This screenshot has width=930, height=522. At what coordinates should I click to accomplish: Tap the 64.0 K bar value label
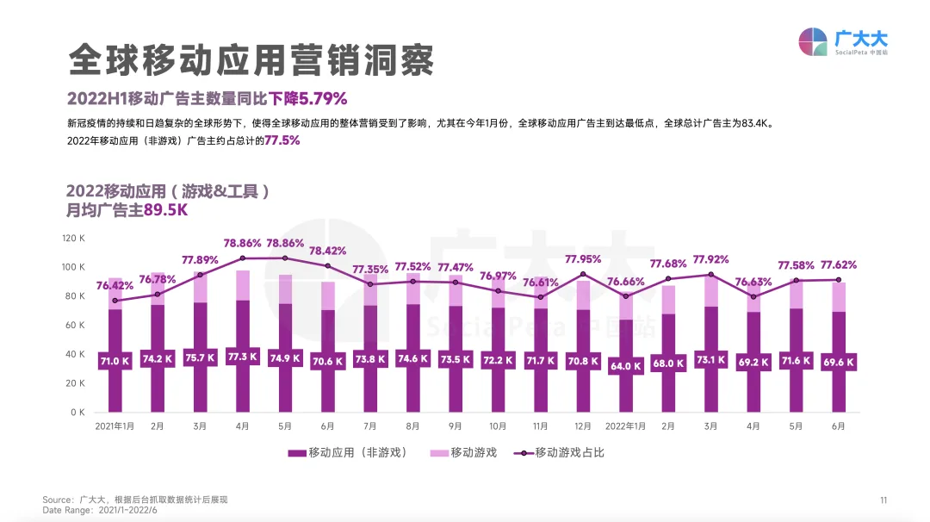click(625, 365)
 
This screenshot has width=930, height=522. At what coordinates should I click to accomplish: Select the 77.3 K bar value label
click(243, 357)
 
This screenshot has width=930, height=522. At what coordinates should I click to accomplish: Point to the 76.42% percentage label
click(115, 285)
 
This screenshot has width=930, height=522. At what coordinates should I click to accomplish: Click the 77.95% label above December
click(583, 258)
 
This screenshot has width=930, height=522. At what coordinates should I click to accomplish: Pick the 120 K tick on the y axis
click(73, 238)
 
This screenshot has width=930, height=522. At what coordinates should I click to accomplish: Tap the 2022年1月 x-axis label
click(625, 426)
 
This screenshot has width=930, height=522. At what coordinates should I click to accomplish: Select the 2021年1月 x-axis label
click(115, 426)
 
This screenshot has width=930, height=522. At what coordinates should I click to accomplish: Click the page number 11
click(883, 500)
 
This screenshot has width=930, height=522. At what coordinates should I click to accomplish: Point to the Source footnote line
click(135, 500)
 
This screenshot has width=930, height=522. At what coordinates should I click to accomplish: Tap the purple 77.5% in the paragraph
click(282, 140)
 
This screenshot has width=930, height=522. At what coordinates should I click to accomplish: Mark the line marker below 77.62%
click(838, 279)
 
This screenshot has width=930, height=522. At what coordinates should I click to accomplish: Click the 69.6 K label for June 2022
click(838, 363)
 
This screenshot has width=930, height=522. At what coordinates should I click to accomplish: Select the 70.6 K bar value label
click(327, 362)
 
